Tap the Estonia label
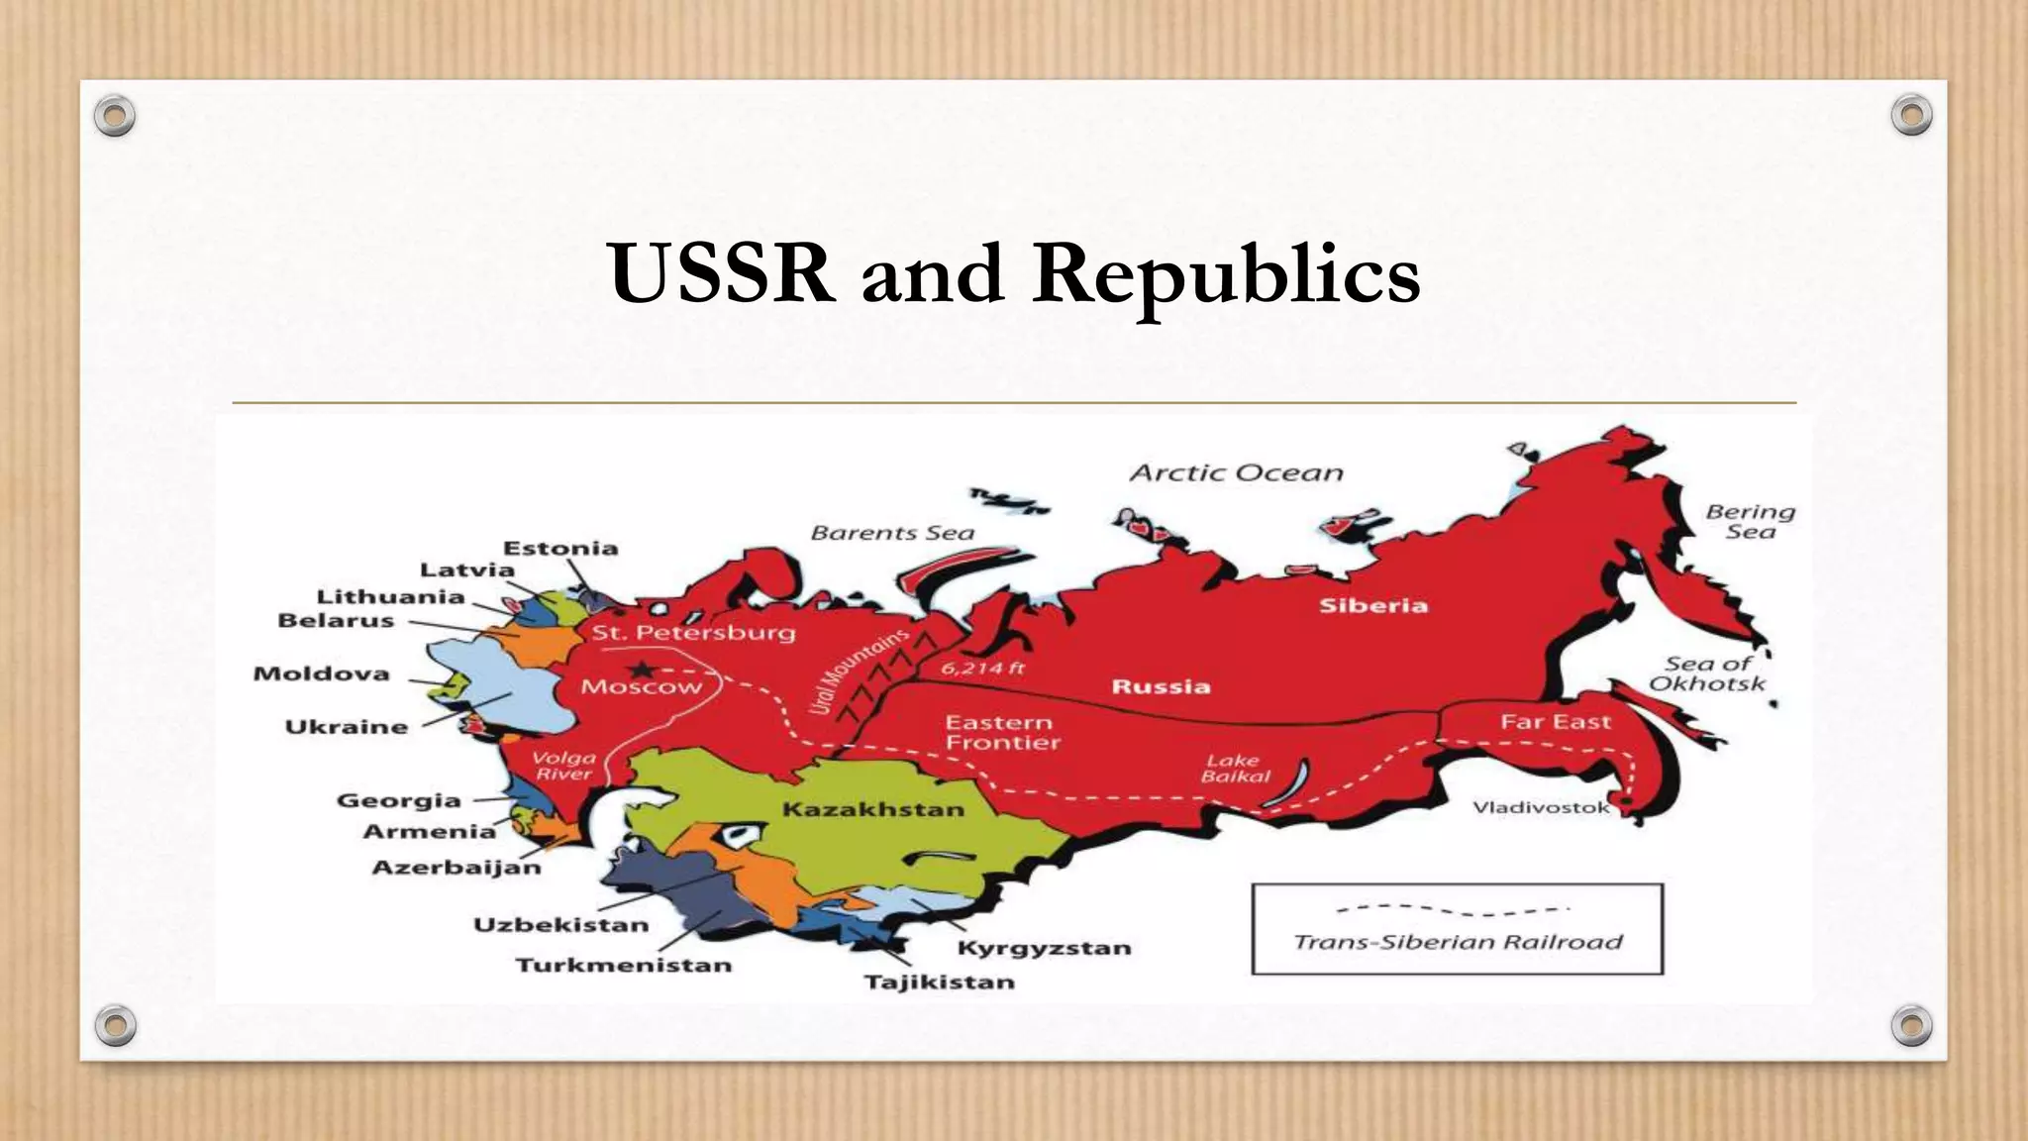(560, 548)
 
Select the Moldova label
(321, 674)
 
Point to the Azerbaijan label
(456, 868)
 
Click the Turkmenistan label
(623, 965)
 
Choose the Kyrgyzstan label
(1044, 948)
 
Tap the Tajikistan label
(940, 982)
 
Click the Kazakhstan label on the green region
(872, 809)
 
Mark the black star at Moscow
(641, 671)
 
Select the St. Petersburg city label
(693, 632)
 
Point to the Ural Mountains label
(858, 671)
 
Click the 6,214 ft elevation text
(982, 668)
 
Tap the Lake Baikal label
(1234, 768)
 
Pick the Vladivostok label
(1541, 807)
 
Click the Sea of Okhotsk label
(1707, 674)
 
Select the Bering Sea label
(1750, 521)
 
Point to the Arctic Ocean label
(1237, 473)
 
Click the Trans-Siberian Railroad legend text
(1458, 942)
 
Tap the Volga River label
(564, 766)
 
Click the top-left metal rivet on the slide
(115, 117)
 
